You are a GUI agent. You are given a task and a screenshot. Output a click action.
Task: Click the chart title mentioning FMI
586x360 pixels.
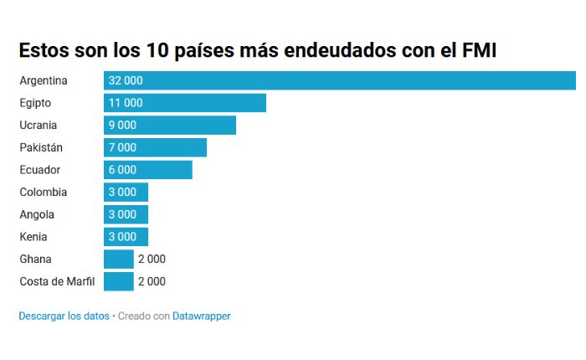258,50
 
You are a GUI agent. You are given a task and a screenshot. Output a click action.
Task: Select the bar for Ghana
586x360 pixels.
119,259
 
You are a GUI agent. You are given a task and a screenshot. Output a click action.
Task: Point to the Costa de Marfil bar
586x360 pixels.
119,281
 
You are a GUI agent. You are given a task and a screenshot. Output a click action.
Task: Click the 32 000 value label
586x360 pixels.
126,80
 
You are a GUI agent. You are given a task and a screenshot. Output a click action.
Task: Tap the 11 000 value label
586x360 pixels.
126,103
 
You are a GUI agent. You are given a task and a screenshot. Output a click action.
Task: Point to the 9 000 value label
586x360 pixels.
122,126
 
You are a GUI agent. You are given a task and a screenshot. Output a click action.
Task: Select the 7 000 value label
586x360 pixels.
122,147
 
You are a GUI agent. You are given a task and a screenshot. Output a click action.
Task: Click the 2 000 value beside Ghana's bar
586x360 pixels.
152,259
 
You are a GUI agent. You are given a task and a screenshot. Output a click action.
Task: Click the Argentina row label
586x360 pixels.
44,81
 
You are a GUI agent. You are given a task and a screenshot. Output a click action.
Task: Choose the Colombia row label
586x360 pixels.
43,192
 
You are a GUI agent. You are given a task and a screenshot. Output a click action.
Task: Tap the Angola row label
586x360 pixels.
37,214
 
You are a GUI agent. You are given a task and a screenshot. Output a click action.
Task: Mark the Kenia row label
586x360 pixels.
34,237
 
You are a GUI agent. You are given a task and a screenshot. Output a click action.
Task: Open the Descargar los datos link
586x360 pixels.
64,316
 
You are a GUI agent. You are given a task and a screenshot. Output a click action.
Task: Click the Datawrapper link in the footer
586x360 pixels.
201,316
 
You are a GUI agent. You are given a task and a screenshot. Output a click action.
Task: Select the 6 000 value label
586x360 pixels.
122,170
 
